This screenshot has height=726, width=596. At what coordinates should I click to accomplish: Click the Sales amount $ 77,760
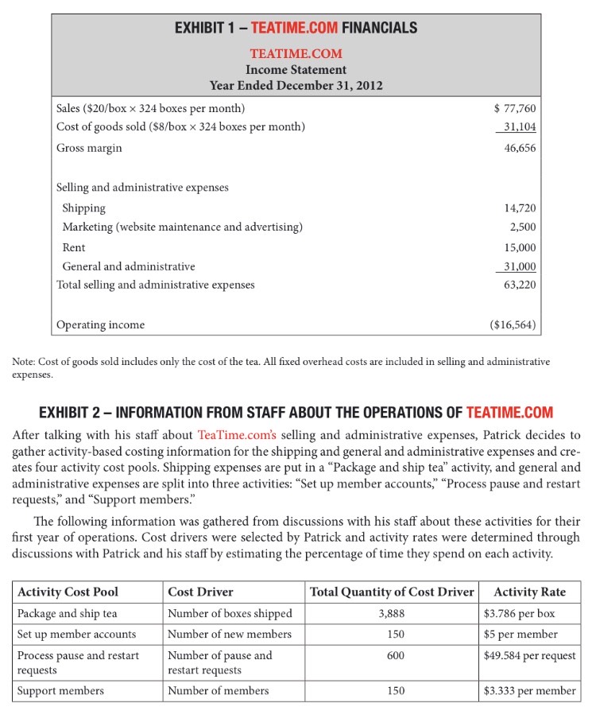[514, 109]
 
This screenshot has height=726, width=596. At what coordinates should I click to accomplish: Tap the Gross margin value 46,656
[520, 148]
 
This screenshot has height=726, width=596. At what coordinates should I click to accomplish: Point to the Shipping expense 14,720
[520, 208]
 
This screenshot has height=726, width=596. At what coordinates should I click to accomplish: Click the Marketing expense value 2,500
[523, 227]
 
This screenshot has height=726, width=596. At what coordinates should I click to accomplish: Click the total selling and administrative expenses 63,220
[520, 284]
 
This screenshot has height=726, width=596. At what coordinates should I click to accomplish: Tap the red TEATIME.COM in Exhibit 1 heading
[293, 28]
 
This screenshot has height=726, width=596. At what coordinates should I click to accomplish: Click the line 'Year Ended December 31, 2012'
[296, 85]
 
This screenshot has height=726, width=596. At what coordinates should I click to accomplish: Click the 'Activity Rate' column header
[529, 592]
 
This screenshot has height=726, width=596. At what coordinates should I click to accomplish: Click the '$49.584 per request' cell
[529, 655]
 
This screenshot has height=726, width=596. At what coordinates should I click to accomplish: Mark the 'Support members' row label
[60, 690]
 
